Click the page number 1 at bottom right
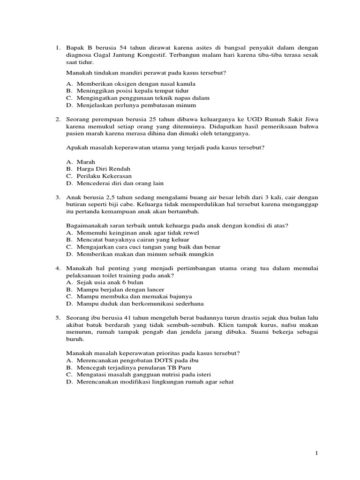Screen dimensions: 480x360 (317, 453)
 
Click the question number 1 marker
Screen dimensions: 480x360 (58, 47)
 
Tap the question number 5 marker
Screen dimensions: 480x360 (58, 318)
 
